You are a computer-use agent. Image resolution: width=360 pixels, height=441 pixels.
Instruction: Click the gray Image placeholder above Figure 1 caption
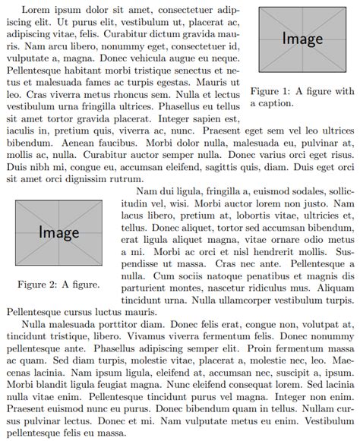coord(302,38)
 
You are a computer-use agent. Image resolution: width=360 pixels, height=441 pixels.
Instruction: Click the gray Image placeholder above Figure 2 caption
coord(59,232)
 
